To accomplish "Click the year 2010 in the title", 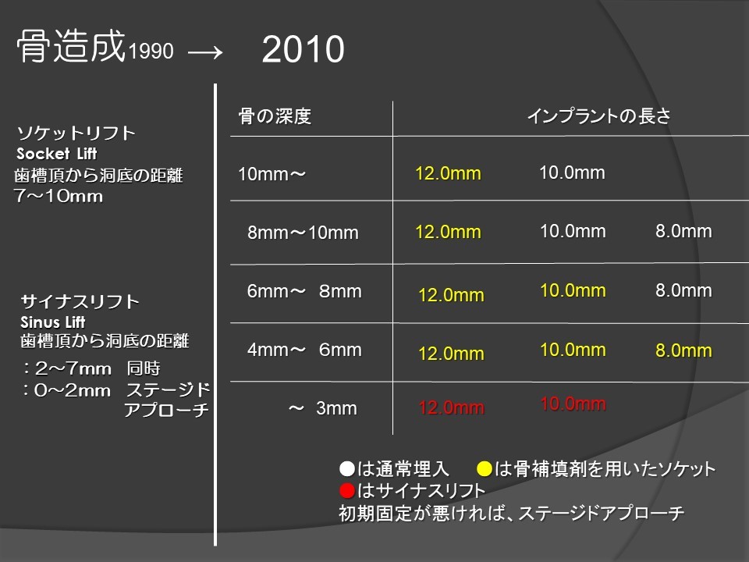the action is [303, 49].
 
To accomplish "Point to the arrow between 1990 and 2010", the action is [205, 52].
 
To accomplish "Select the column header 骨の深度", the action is [275, 116].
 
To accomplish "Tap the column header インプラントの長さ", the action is [599, 116].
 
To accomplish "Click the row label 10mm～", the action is [272, 174].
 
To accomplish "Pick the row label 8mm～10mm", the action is [303, 233].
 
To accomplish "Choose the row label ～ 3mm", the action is [322, 408].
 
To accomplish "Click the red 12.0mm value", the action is [452, 407].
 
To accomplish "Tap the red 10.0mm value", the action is [573, 404].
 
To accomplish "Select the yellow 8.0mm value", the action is [683, 350].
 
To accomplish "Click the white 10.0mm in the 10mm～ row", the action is [572, 173].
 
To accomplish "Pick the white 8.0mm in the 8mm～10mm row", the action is [683, 231].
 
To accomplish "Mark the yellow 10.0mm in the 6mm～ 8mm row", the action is [573, 290].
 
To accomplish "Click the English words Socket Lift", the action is [57, 154].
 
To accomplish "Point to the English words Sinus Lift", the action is [52, 322].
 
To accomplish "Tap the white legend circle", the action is [347, 468].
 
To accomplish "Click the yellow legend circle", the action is [485, 469].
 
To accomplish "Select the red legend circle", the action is [347, 490].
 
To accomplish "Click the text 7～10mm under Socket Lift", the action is [59, 196].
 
